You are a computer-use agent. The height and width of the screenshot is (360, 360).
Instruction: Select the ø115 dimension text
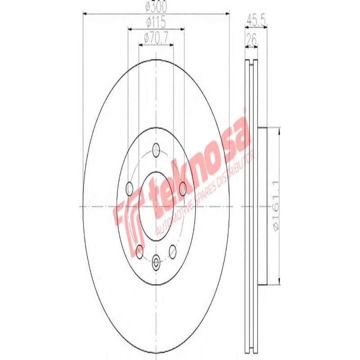tap(156, 21)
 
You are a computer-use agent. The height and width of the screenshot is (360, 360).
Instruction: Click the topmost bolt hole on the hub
tap(156, 149)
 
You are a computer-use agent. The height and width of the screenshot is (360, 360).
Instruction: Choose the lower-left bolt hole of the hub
tap(139, 252)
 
